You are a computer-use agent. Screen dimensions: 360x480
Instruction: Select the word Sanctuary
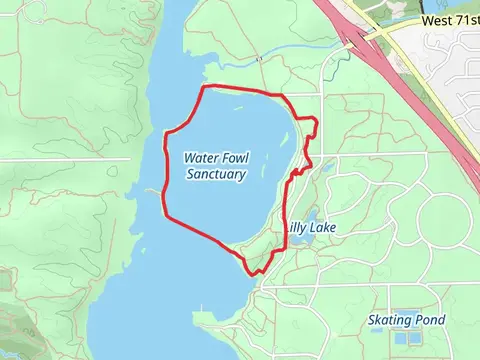[x=216, y=174]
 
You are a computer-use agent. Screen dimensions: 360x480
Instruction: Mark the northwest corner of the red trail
[x=205, y=87]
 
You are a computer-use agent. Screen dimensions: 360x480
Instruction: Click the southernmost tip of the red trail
[x=250, y=272]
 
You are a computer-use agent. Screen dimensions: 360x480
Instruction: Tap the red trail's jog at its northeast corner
[x=314, y=121]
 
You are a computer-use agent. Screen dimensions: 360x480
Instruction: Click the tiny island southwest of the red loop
[x=150, y=190]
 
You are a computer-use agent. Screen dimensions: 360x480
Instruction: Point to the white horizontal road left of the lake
[x=60, y=159]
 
